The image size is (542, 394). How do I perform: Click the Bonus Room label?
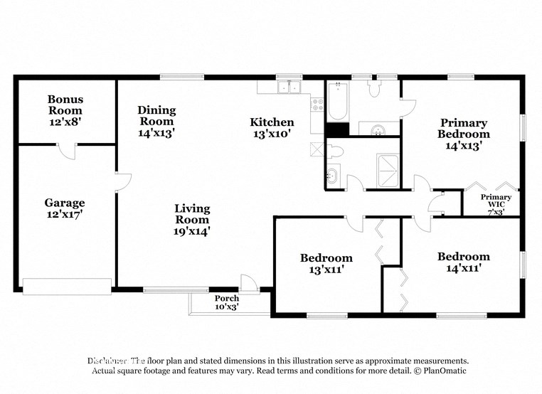(65, 110)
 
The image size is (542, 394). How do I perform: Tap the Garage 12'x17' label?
(65, 208)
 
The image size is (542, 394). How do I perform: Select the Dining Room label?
(156, 121)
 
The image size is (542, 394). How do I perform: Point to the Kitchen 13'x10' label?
(272, 127)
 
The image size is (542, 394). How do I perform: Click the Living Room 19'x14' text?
(192, 219)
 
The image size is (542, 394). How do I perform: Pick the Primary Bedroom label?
(463, 134)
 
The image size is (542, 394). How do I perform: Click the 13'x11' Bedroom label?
(326, 263)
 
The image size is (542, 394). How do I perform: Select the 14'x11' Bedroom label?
(463, 262)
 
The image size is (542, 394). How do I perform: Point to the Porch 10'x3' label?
(227, 302)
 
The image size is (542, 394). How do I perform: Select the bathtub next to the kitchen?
(337, 102)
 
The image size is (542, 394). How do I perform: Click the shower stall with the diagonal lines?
(388, 169)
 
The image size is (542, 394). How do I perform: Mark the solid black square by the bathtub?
(337, 130)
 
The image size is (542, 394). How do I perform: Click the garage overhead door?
(67, 286)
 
